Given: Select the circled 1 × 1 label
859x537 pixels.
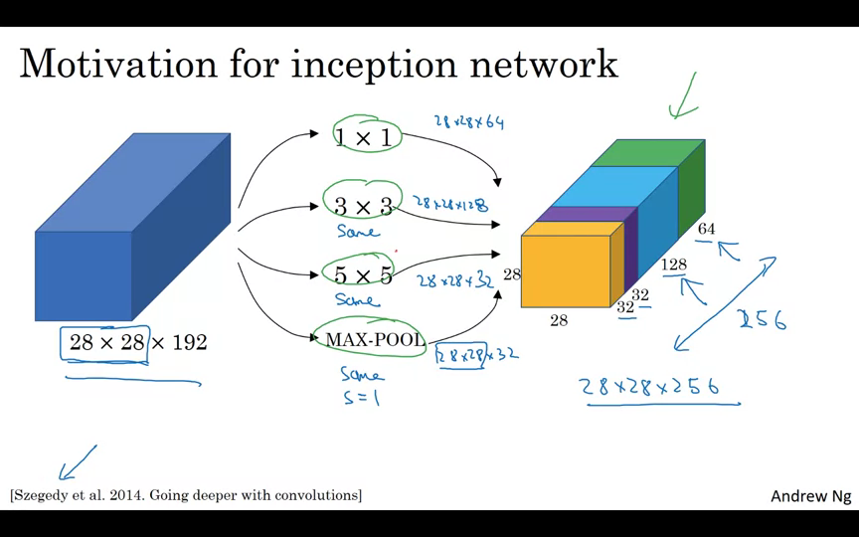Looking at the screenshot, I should coord(364,138).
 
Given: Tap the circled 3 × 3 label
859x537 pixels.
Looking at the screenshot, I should coord(362,206).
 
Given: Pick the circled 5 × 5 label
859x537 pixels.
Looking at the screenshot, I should coord(362,275).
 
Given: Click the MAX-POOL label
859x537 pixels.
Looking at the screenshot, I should coord(375,340).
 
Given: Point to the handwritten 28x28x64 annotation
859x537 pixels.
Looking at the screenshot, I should coord(468,122).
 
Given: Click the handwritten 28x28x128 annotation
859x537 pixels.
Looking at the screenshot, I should coord(451,204).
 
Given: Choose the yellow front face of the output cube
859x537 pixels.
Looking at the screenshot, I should coord(565,270).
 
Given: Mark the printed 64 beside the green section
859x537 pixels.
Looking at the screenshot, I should coord(706,230).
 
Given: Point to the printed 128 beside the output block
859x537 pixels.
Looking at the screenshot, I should coord(674,265).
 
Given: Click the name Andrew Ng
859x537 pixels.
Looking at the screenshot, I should coord(810,495).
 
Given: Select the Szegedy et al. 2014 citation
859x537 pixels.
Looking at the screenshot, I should coord(186,494).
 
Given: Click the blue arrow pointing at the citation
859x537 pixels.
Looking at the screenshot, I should coord(79,462).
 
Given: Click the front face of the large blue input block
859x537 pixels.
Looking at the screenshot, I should coord(84,275).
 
